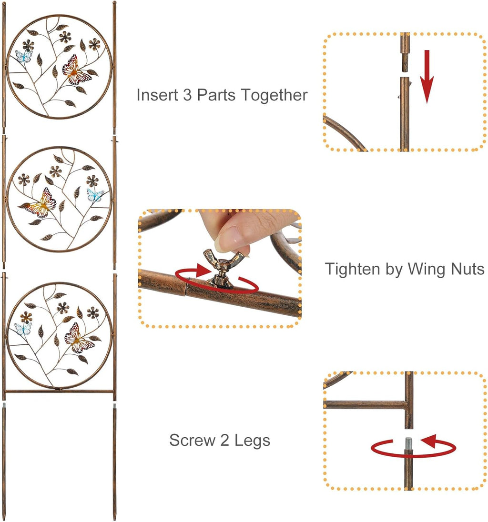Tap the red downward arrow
(427, 77)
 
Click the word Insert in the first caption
(157, 95)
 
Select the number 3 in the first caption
(188, 95)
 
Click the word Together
(274, 95)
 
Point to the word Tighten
(353, 269)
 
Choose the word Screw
(193, 440)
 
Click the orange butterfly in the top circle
(76, 70)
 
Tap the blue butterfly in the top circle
(23, 56)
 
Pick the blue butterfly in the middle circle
(95, 195)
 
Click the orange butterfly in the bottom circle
(79, 338)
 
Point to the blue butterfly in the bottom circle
(23, 329)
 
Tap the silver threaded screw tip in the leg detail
(409, 443)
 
